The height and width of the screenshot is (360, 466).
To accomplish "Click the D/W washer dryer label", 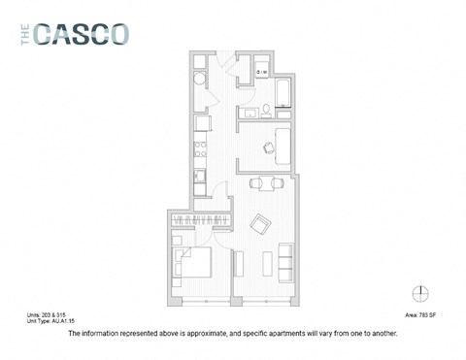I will point(262,70).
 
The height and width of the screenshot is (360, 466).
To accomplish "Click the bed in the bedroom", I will point(191,260).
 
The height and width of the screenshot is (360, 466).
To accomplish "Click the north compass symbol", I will point(420,293).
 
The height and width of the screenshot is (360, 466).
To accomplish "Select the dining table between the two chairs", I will point(265,182).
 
